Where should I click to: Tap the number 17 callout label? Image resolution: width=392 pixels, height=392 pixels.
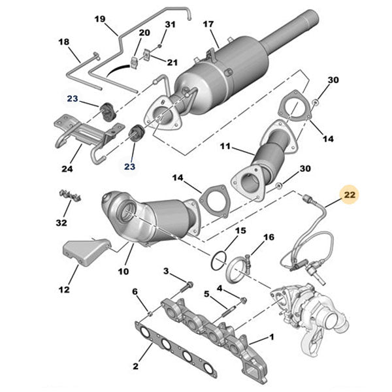coord(208,25)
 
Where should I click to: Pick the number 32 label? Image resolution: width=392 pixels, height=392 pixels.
coord(60,222)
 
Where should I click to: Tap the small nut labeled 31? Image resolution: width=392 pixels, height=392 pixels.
coord(159,48)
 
